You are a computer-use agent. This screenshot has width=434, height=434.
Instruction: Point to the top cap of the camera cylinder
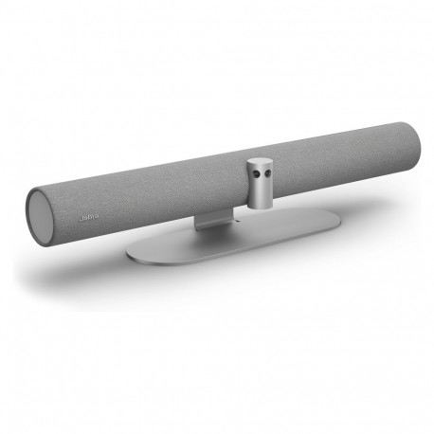[x=261, y=163]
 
